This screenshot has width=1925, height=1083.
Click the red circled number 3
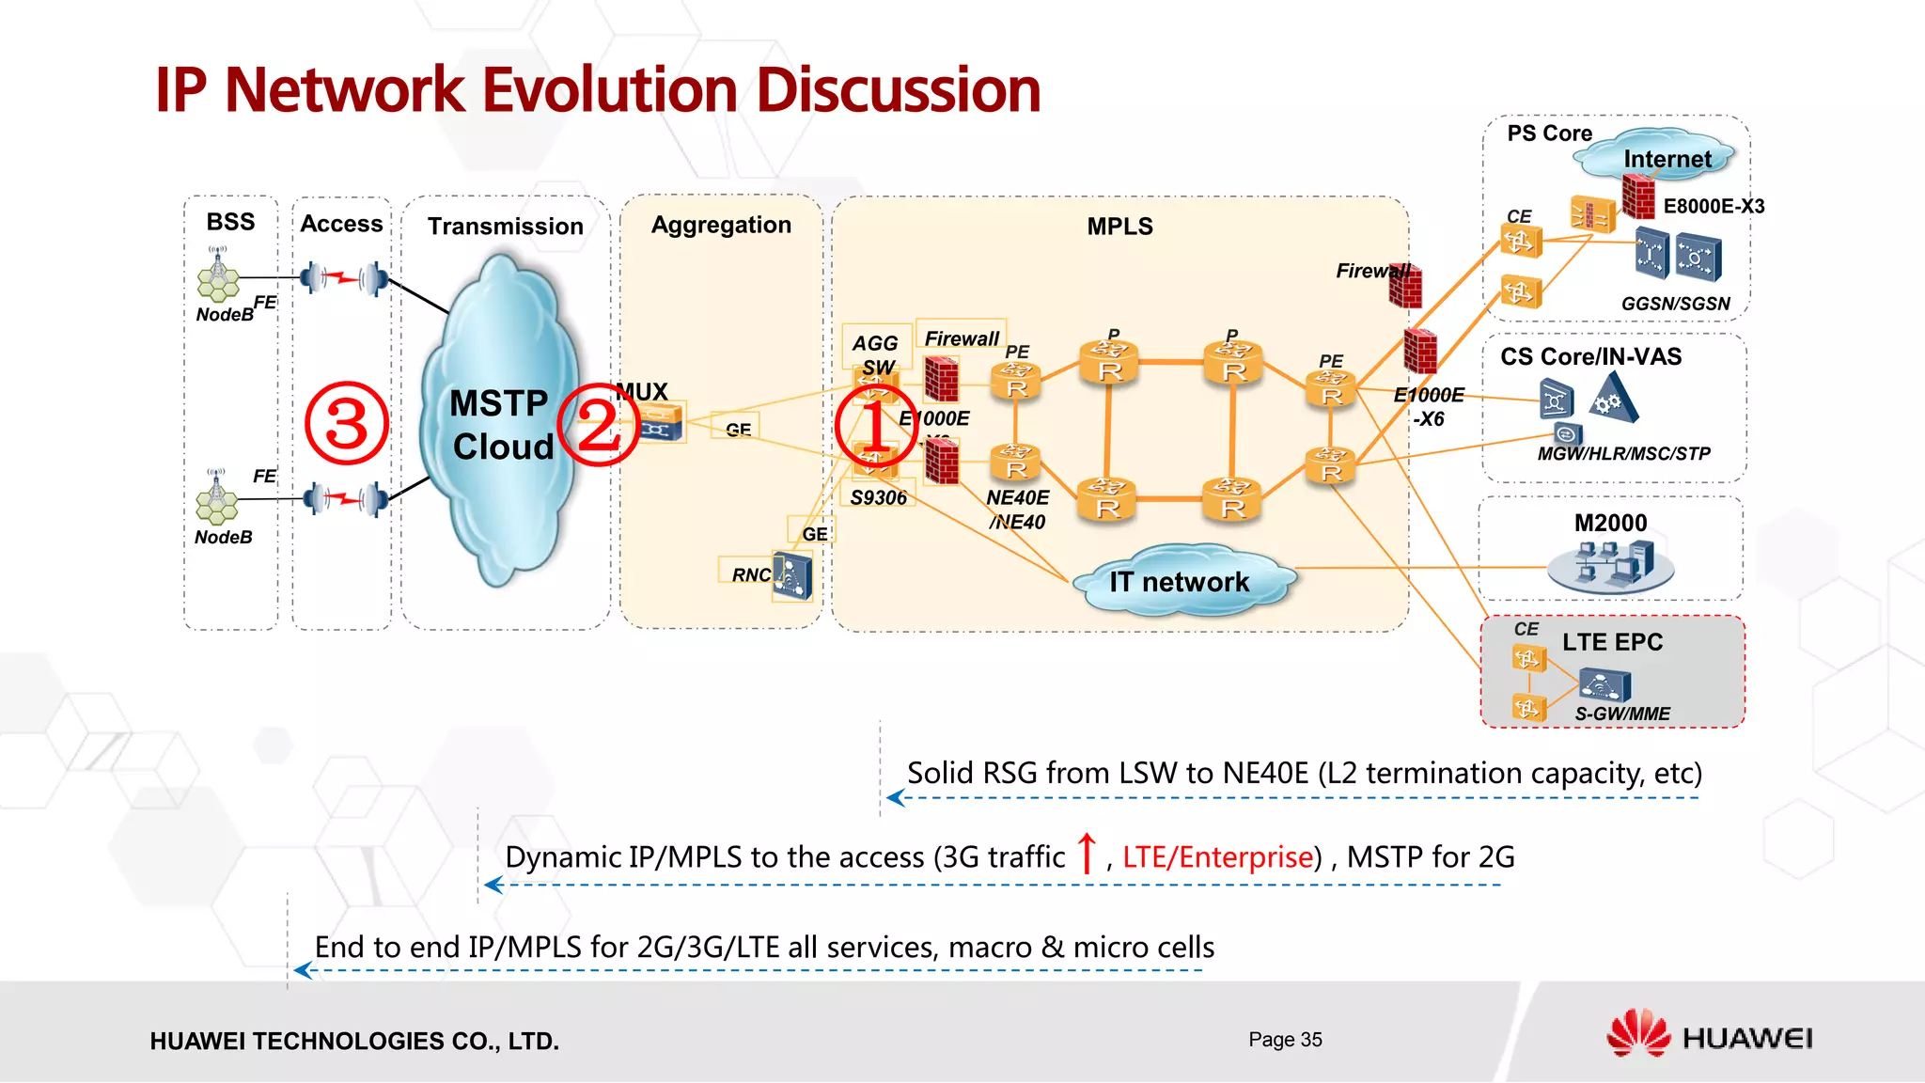tap(347, 423)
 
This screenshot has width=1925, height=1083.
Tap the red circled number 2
tap(599, 425)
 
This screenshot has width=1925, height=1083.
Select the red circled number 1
tap(875, 426)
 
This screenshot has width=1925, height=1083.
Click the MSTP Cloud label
tap(502, 425)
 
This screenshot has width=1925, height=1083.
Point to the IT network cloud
tap(1181, 582)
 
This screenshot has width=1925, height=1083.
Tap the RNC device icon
tap(792, 575)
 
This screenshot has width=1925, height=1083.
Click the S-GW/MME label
tap(1622, 714)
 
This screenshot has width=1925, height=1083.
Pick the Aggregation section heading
tap(721, 225)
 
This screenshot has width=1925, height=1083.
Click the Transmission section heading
tap(506, 227)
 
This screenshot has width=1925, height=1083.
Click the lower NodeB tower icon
tap(217, 497)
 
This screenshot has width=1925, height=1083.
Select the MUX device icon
tap(662, 424)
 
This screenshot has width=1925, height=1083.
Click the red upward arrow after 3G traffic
tap(1087, 853)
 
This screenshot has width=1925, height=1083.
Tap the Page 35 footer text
tap(1285, 1039)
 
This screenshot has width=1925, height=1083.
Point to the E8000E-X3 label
tap(1714, 206)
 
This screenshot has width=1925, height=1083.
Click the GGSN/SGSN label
tap(1675, 304)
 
